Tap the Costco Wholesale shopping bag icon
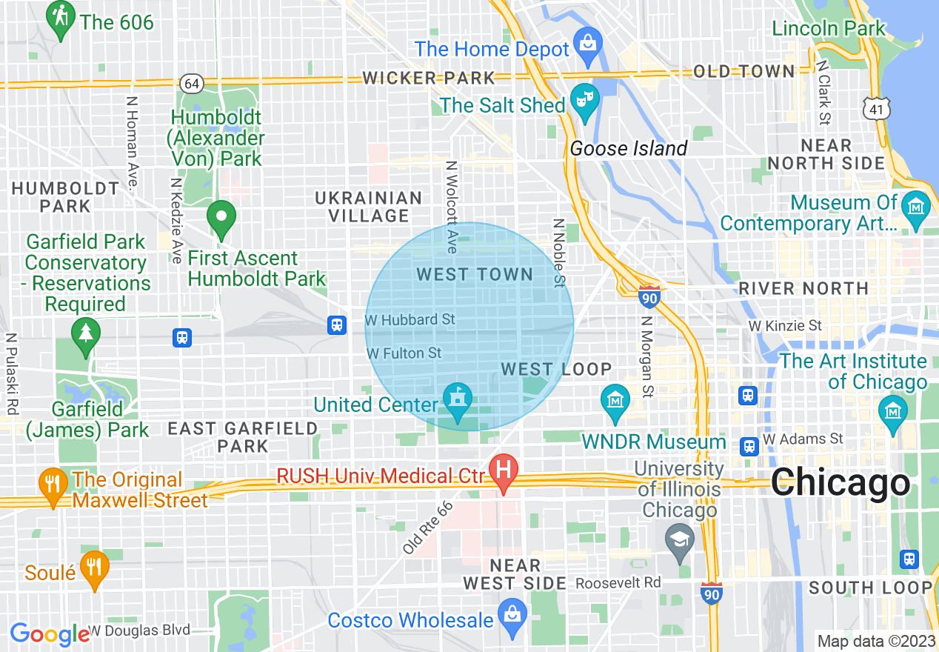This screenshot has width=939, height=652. click(511, 614)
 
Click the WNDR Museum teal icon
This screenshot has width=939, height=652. click(615, 401)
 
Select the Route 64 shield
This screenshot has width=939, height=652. click(192, 84)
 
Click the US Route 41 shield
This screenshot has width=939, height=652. click(876, 109)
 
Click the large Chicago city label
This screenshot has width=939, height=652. click(840, 483)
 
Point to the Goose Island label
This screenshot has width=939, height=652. click(629, 149)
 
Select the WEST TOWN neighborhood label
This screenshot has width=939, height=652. click(475, 275)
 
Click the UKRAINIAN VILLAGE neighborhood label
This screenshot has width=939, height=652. click(368, 207)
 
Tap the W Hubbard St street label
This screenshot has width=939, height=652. click(410, 320)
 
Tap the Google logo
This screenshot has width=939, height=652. click(49, 634)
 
